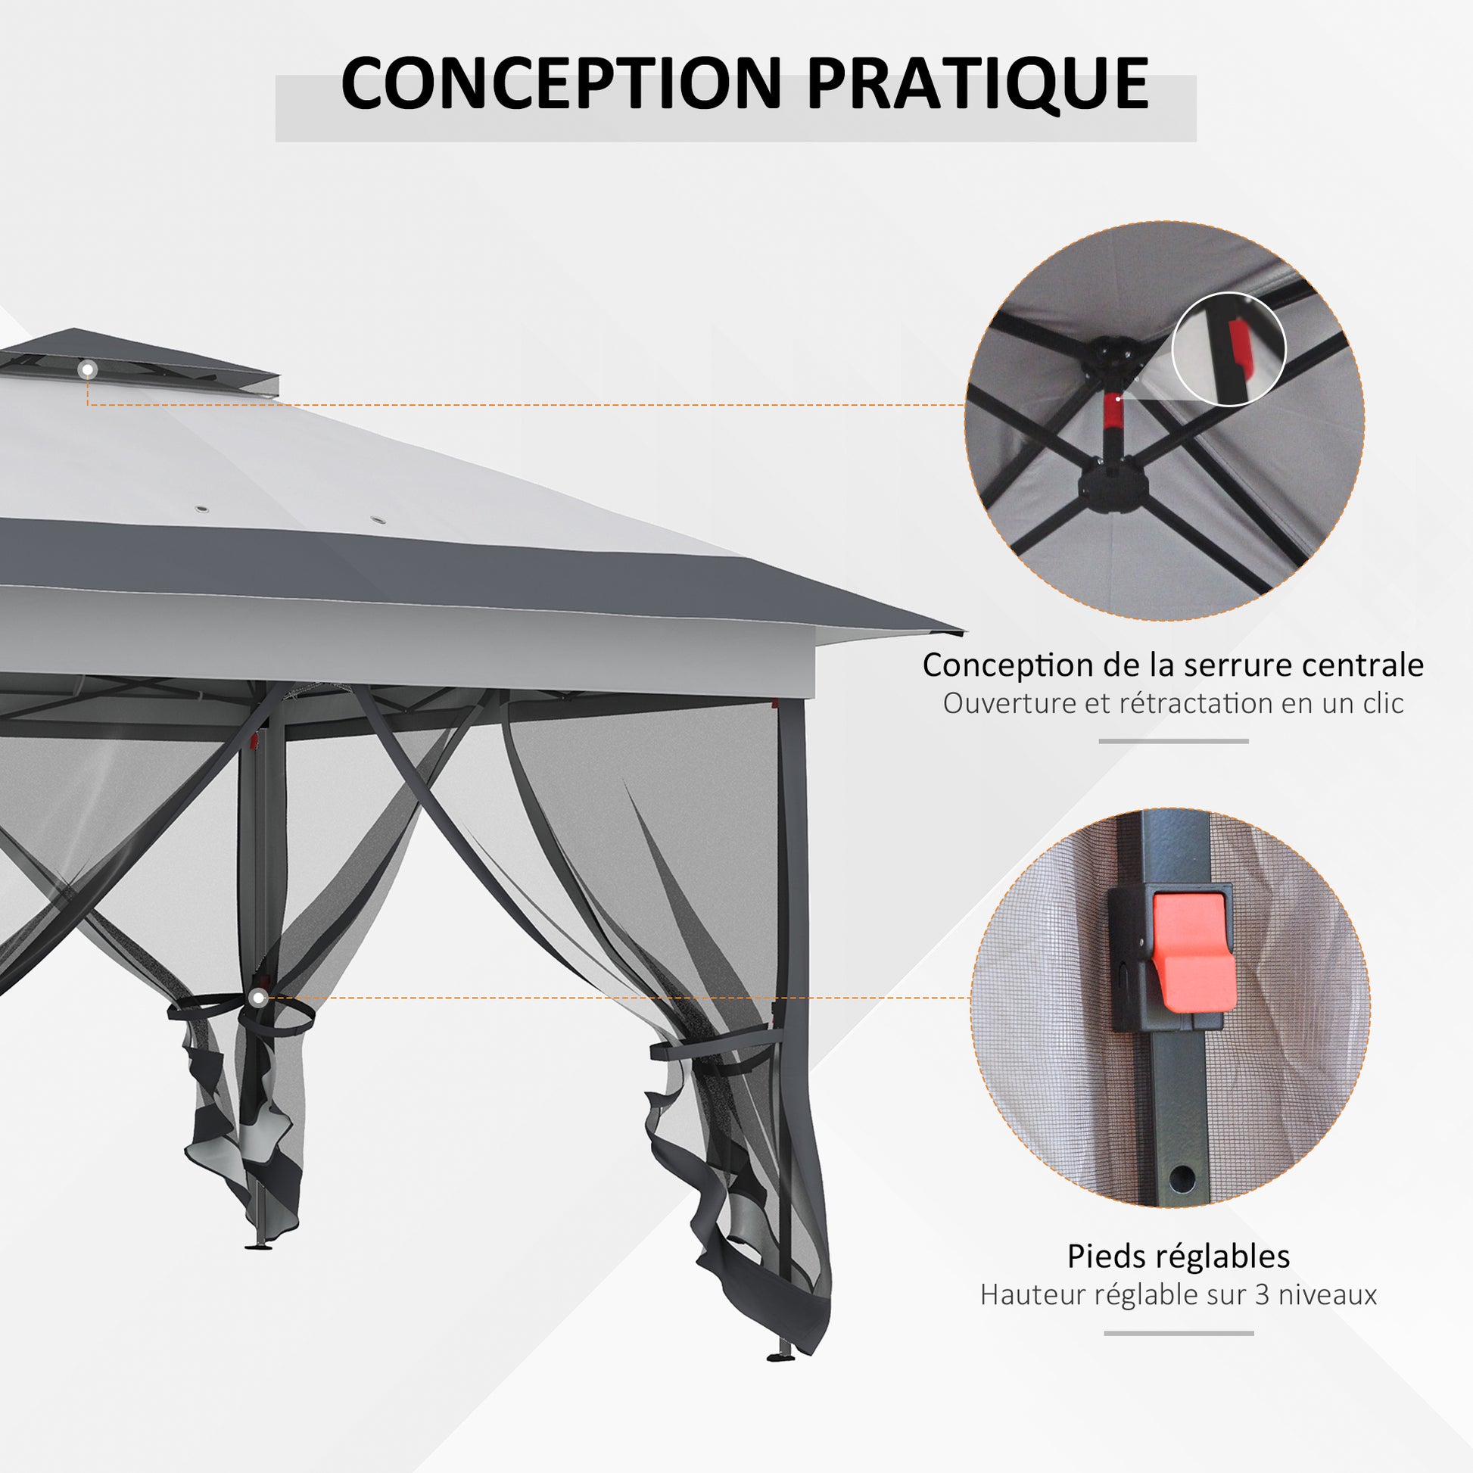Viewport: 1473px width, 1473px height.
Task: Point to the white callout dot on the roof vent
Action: pyautogui.click(x=89, y=370)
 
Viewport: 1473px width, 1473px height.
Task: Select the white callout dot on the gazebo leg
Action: pyautogui.click(x=258, y=997)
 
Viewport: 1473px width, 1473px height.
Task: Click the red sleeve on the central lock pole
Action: pyautogui.click(x=1113, y=412)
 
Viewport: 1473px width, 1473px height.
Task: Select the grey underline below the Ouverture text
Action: pyautogui.click(x=1173, y=741)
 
